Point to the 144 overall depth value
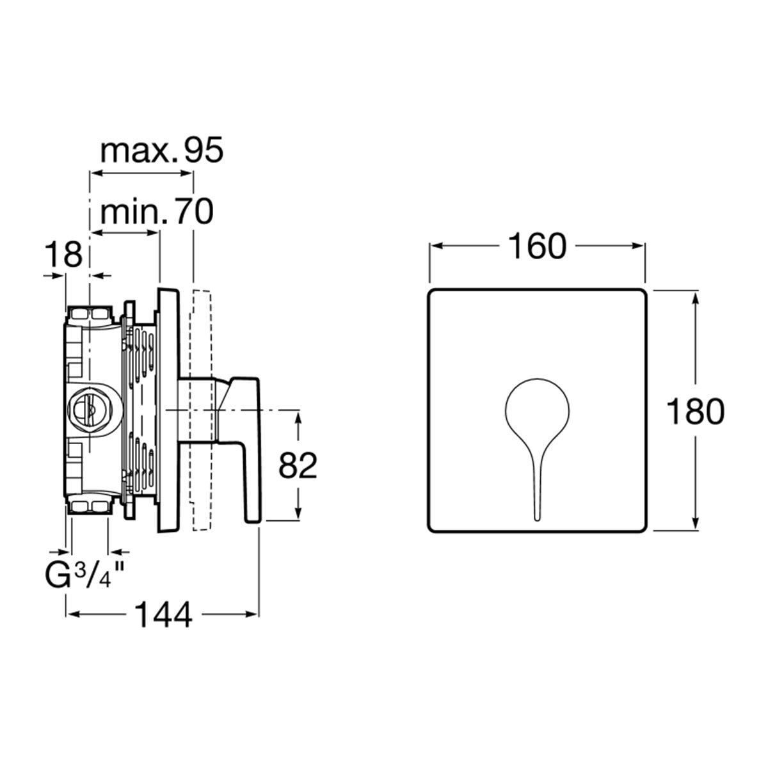click(163, 614)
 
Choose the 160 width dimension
click(537, 246)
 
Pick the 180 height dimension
click(695, 412)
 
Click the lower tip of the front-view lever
click(537, 520)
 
